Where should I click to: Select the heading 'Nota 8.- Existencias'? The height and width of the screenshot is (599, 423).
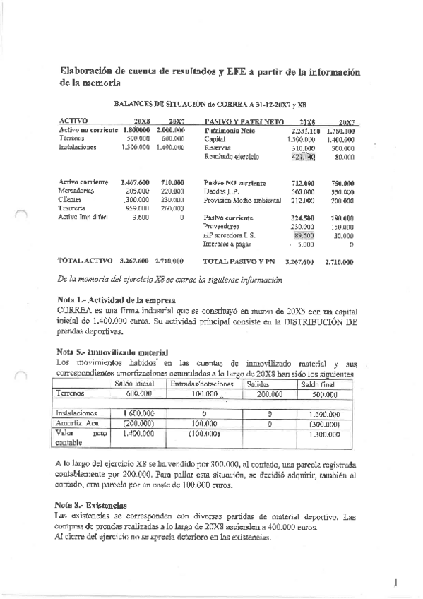90,506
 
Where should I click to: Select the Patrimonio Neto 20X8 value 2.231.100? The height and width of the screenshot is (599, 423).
305,131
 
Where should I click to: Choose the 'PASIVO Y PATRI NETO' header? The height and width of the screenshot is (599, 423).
239,121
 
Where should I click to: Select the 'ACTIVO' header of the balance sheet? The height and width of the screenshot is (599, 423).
73,121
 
